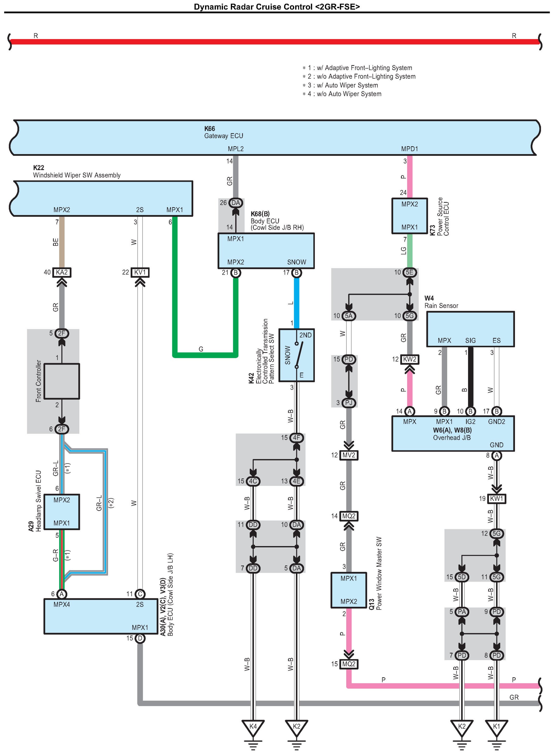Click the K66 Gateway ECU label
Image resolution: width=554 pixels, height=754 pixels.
223,132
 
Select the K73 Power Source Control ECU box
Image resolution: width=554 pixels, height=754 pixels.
409,216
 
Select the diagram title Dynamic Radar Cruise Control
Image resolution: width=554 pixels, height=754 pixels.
277,6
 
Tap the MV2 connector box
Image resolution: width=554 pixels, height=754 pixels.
349,455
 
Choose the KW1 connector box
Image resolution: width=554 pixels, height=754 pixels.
496,499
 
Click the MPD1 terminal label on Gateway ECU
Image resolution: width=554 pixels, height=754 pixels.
409,149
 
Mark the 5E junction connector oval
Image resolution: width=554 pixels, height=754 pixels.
409,272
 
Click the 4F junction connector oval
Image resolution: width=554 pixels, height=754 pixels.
297,438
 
